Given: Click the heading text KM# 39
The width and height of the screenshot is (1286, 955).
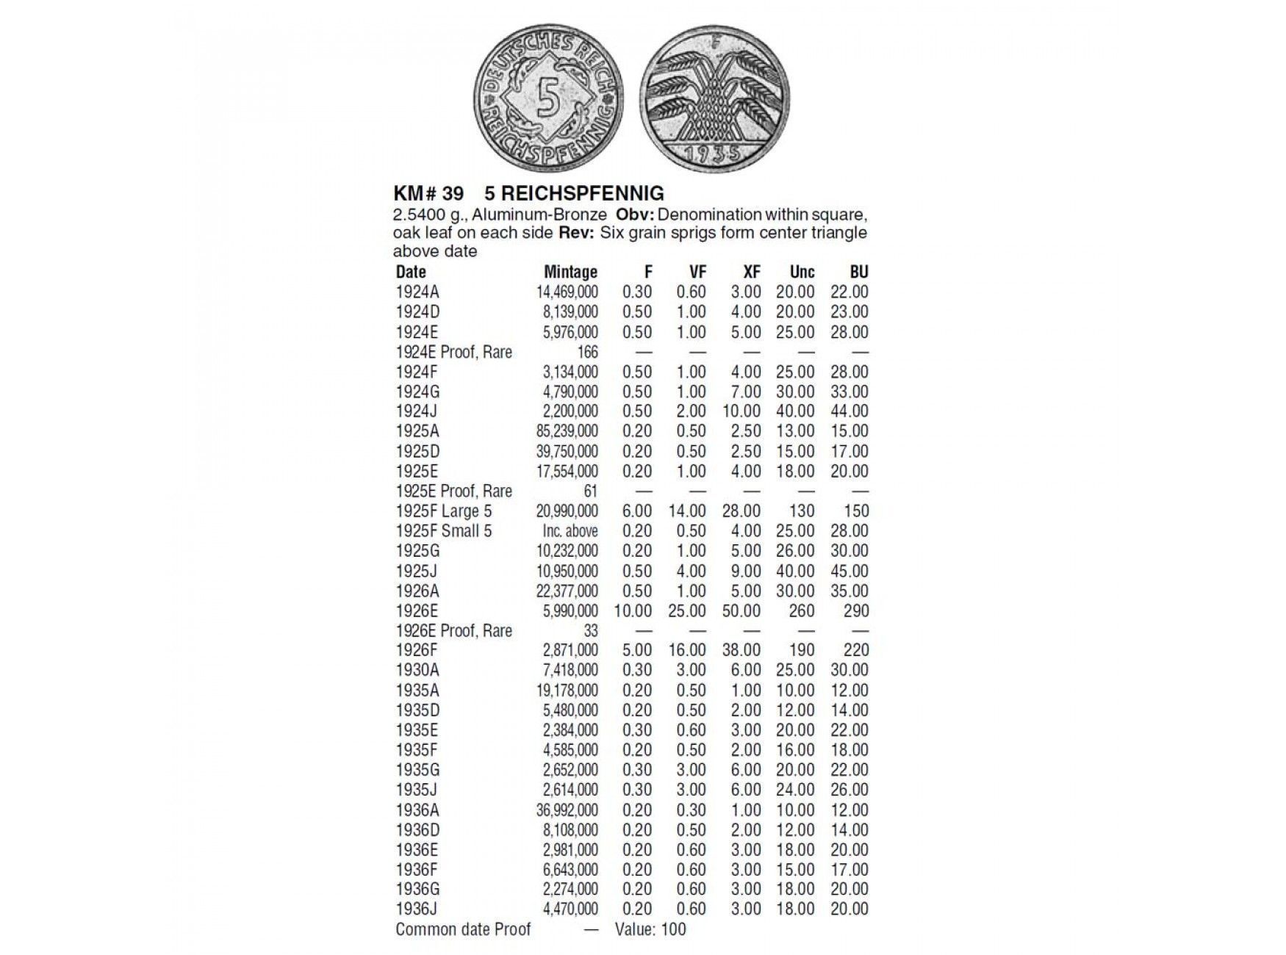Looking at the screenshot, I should [429, 193].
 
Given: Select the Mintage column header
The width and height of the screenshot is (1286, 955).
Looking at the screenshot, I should [570, 272].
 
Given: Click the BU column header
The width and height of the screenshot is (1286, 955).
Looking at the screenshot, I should [858, 272].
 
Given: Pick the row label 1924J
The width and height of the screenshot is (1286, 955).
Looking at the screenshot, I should [417, 411].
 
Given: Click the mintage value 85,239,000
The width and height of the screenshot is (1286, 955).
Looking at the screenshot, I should [567, 431].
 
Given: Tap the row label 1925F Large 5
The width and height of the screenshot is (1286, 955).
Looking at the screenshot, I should [444, 511].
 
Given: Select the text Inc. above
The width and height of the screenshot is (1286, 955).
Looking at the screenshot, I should [570, 531].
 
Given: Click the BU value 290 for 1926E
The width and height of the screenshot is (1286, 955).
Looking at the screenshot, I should [856, 611].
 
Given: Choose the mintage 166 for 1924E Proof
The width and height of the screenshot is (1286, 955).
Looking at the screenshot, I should [587, 352].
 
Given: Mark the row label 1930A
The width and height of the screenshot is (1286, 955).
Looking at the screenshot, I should [417, 670].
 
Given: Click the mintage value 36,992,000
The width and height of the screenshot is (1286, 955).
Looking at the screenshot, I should [567, 810].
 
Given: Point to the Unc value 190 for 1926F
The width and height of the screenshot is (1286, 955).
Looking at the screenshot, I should [801, 650].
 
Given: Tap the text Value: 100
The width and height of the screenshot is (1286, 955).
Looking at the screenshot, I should [650, 929].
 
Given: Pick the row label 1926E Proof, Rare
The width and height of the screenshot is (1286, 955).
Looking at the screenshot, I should [453, 631].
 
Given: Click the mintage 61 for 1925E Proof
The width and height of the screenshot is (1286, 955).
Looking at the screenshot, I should [590, 491].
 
